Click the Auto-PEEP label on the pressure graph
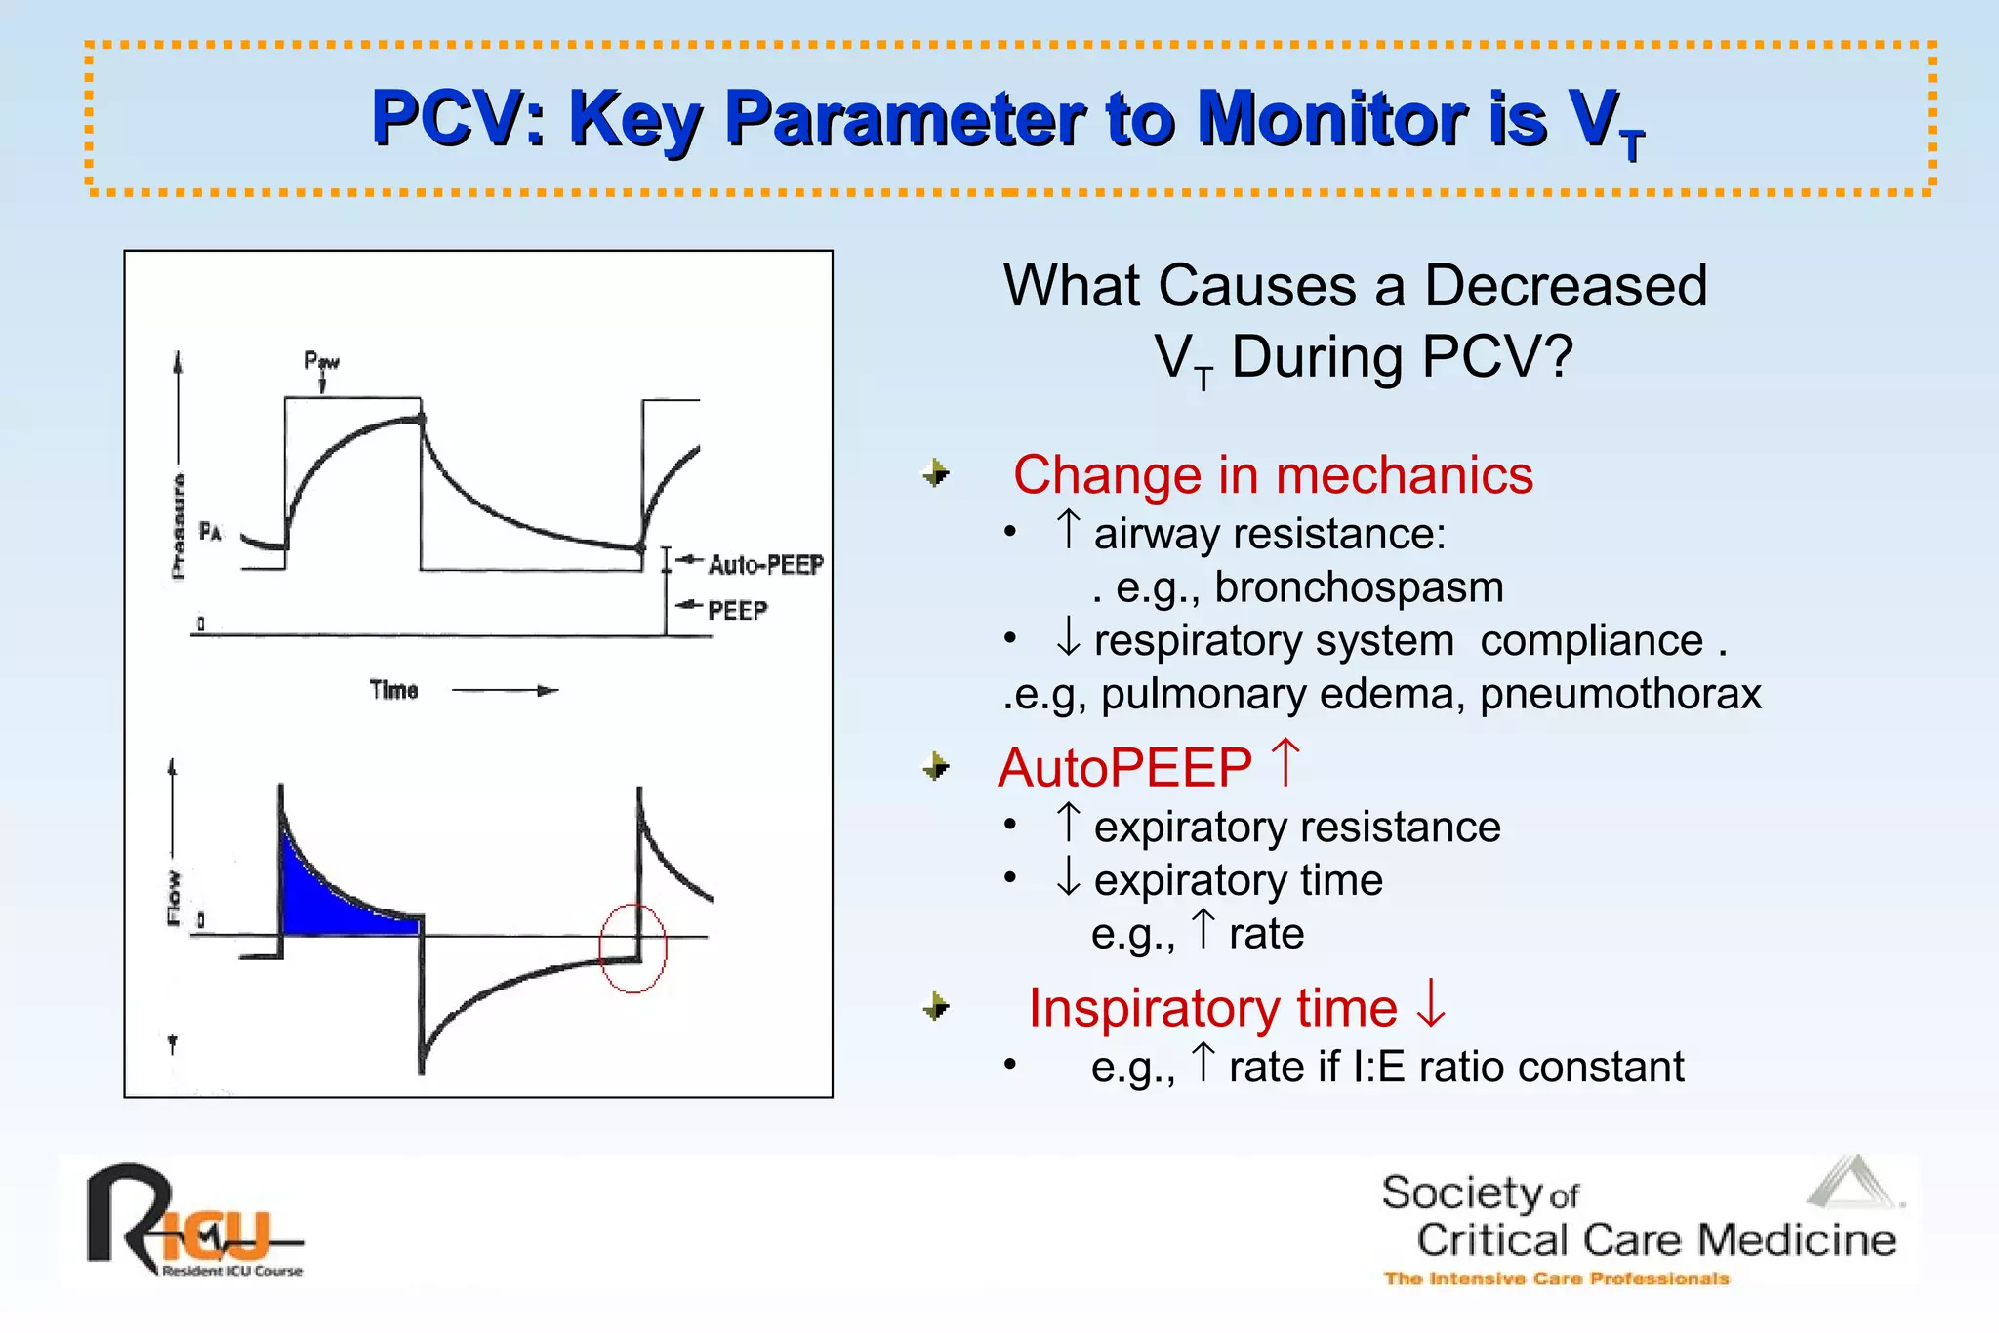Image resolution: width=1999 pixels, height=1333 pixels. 765,565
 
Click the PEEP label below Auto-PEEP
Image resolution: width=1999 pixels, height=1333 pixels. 737,611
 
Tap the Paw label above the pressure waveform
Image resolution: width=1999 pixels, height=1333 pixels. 321,362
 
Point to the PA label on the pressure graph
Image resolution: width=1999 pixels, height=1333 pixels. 210,532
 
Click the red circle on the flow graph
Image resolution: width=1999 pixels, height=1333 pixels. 632,948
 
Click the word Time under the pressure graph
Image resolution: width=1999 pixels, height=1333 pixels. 393,691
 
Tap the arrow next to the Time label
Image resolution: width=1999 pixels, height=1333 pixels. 505,691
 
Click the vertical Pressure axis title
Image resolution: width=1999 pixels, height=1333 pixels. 178,527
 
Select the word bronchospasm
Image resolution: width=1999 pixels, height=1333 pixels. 1359,587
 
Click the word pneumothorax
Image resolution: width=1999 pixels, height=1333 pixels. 1620,695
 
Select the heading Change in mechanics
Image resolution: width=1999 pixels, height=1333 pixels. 1273,475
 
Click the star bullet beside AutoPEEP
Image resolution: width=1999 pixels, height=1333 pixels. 936,767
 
